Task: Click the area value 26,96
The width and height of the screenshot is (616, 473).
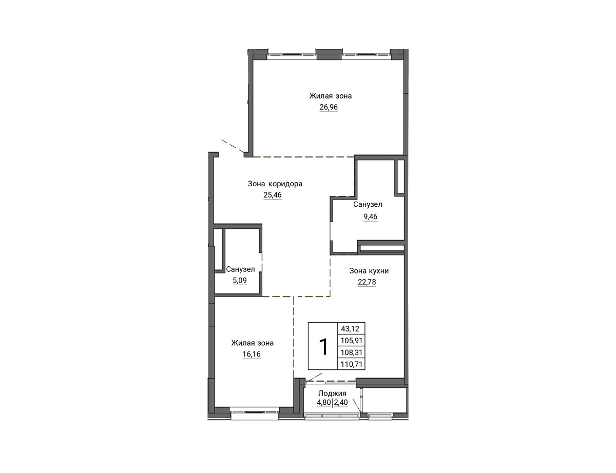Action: (329, 107)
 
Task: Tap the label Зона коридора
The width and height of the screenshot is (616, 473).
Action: (275, 184)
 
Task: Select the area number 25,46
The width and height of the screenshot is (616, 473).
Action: (273, 195)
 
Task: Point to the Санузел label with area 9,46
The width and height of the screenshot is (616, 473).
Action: (368, 205)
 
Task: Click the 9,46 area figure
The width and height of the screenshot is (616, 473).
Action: (370, 216)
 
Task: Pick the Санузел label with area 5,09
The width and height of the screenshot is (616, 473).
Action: (240, 269)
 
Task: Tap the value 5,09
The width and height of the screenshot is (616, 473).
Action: (240, 281)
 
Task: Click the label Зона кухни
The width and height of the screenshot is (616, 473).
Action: (369, 271)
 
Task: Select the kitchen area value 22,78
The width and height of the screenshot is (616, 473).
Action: (367, 282)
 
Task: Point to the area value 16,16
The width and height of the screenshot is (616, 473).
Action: (252, 354)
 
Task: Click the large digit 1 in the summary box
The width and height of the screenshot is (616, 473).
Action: (323, 347)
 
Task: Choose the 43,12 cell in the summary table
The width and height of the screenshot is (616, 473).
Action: (350, 329)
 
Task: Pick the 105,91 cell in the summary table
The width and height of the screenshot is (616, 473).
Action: (352, 341)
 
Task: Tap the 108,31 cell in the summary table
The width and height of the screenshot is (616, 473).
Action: (352, 352)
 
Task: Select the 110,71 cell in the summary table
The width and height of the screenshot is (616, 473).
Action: (352, 364)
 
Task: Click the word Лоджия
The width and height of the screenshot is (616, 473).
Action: (332, 393)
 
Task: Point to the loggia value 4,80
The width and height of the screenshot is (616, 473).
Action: (324, 403)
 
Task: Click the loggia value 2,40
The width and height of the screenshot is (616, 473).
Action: (341, 403)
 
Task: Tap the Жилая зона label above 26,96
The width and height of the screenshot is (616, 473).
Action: (331, 96)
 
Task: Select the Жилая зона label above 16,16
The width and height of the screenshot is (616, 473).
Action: (252, 343)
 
